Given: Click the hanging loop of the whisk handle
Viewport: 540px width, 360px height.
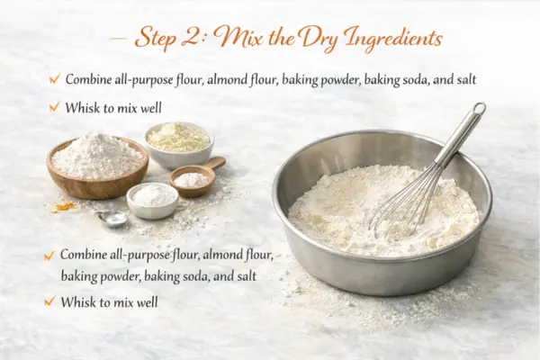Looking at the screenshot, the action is [479, 109].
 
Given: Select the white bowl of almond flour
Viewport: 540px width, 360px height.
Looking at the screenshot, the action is [179, 145].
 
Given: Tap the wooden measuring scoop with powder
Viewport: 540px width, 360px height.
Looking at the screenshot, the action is [195, 177].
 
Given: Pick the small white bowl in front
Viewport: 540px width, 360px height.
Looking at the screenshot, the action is [153, 201].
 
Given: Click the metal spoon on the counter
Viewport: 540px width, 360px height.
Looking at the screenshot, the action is [112, 219].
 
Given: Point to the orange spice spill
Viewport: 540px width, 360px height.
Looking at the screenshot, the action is [65, 207].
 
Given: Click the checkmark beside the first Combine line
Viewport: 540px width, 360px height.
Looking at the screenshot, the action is [55, 79].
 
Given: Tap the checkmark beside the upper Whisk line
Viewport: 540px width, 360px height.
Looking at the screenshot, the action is [54, 107].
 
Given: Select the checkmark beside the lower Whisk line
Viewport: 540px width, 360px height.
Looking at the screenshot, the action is [49, 301].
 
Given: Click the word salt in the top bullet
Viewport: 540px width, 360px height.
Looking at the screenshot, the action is [466, 79].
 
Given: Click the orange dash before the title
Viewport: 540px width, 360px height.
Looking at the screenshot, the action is [119, 38].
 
